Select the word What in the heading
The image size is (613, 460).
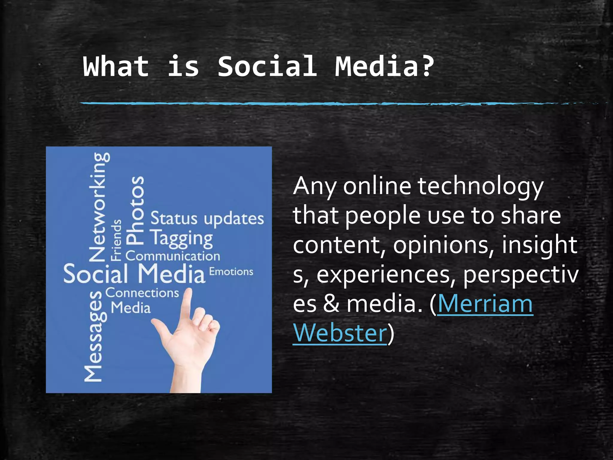(x=116, y=66)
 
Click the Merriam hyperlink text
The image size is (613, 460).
(x=485, y=304)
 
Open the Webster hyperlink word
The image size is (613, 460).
(x=340, y=333)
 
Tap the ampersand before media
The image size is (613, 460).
(x=331, y=304)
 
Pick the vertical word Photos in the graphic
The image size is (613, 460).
(x=135, y=209)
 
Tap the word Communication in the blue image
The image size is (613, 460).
(x=173, y=256)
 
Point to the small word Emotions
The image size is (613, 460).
(x=231, y=272)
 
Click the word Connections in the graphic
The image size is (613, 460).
(x=142, y=293)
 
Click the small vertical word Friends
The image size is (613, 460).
(x=116, y=240)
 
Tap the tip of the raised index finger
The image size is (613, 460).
(x=189, y=291)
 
